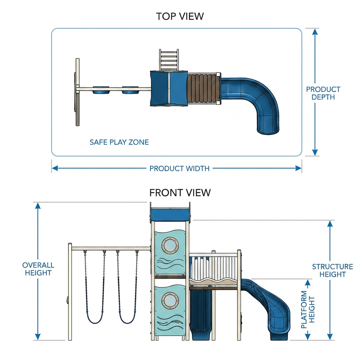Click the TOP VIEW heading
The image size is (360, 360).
[180, 16]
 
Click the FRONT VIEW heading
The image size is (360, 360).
[180, 193]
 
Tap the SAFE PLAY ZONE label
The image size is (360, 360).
[119, 142]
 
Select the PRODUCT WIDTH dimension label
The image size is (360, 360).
[179, 168]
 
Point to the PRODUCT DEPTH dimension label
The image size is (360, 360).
[323, 93]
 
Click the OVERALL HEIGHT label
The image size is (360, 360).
[38, 269]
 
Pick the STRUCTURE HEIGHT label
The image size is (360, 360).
[333, 270]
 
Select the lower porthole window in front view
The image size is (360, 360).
[170, 301]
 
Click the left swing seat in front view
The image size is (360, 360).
[95, 320]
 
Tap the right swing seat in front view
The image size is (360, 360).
[128, 320]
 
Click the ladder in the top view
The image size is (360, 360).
[169, 60]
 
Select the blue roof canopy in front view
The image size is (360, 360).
[170, 214]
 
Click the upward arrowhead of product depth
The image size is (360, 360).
[315, 32]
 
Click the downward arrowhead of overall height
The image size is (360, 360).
[38, 336]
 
